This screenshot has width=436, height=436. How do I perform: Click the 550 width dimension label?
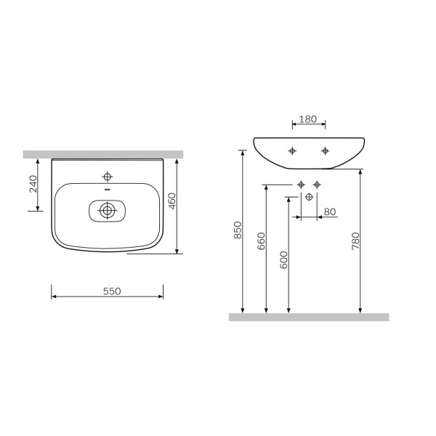(112, 291)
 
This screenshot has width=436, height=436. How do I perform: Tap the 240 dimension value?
(33, 184)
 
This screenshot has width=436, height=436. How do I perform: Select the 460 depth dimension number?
(172, 201)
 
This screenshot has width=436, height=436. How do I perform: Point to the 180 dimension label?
(308, 119)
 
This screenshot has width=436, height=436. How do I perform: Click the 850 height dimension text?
(238, 230)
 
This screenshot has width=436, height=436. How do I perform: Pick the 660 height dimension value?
(262, 241)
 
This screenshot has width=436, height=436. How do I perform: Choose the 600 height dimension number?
(284, 260)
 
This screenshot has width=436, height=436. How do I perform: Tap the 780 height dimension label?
(355, 241)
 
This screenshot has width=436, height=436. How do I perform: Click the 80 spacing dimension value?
(330, 211)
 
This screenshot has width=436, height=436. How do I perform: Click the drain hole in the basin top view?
(107, 211)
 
